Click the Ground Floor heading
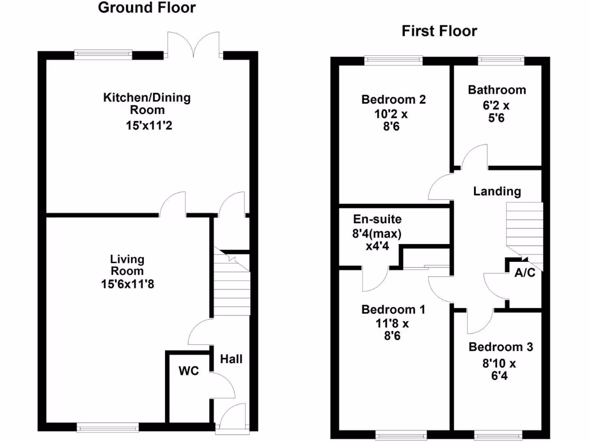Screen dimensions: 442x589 pos(147,8)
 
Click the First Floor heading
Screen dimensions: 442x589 pos(439,31)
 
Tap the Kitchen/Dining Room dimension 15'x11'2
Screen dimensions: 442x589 pos(147,125)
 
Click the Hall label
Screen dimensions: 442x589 pos(231,359)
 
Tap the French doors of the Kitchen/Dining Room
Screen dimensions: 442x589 pos(195,46)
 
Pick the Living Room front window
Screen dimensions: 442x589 pos(108,427)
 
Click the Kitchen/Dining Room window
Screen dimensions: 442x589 pos(103,55)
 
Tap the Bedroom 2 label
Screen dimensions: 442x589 pos(393,100)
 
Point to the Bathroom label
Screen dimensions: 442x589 pos(496,90)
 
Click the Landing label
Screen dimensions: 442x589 pos(497,192)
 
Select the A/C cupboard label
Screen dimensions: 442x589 pos(524,273)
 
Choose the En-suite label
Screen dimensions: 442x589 pos(377,219)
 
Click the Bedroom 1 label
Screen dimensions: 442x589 pos(393,310)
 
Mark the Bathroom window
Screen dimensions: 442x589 pos(500,59)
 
